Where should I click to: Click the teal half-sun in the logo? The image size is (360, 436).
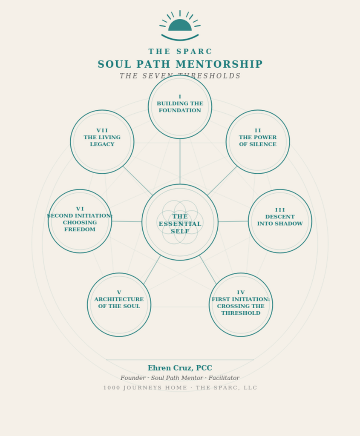point(180,25)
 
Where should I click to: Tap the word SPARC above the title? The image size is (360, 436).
point(194,52)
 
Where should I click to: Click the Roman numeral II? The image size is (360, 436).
point(258,130)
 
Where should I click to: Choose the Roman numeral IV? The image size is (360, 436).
point(241,293)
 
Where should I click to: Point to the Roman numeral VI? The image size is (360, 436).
point(80,209)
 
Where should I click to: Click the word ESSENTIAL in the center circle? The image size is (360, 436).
point(180,224)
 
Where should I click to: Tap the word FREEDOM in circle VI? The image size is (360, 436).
point(80,229)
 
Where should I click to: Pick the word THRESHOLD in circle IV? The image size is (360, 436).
point(241,313)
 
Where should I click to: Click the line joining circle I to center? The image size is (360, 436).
point(180,161)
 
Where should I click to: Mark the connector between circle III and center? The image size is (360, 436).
point(233,221)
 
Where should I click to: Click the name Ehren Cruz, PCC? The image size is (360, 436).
point(180,368)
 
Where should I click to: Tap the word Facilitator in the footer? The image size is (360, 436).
point(224,378)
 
